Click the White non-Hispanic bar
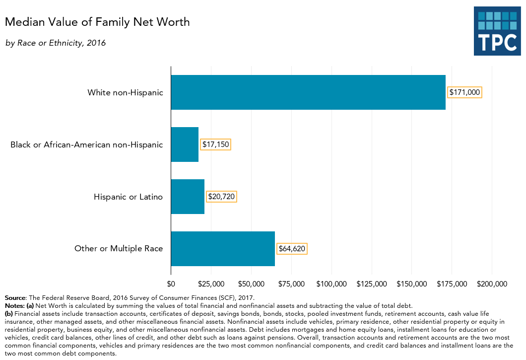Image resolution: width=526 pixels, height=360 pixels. tap(308, 92)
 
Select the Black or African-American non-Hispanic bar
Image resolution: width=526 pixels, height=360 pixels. tap(185, 144)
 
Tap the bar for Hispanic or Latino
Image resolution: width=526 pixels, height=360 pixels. tap(188, 197)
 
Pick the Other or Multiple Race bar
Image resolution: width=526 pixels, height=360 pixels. tap(223, 249)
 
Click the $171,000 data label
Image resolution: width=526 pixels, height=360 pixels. tap(465, 92)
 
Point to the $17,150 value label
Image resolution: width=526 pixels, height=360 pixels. tap(216, 144)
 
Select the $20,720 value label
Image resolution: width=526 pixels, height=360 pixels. tap(221, 197)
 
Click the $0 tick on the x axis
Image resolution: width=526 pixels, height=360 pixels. tap(171, 284)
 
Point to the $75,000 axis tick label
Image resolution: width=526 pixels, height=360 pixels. tap(291, 284)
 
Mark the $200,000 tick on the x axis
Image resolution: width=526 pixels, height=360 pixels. tap(492, 284)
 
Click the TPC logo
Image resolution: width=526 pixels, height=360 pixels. tap(497, 31)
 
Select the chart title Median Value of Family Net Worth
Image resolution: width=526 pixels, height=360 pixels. tap(97, 22)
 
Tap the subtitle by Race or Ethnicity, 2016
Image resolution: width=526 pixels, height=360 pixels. tap(56, 43)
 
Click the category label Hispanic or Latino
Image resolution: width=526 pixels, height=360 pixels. tap(128, 197)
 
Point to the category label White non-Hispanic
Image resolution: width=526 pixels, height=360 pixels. tap(125, 92)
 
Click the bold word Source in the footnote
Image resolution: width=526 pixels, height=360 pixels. tap(15, 298)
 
